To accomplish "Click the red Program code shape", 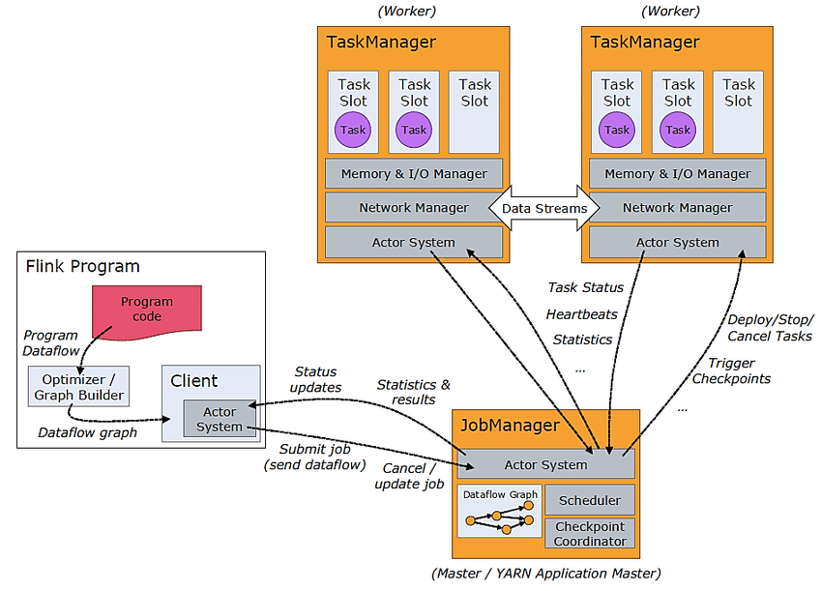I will pyautogui.click(x=146, y=310).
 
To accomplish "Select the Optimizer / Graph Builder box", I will pyautogui.click(x=78, y=386).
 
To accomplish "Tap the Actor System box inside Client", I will pyautogui.click(x=220, y=419).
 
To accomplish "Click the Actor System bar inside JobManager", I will pyautogui.click(x=545, y=464).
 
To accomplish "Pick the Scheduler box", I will pyautogui.click(x=590, y=500).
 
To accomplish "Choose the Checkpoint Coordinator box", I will pyautogui.click(x=590, y=534).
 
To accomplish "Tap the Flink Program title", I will pyautogui.click(x=82, y=266).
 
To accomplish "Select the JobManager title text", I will pyautogui.click(x=510, y=425).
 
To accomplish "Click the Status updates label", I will pyautogui.click(x=315, y=379).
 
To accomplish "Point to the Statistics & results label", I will pyautogui.click(x=413, y=392).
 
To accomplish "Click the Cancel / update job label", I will pyautogui.click(x=409, y=476).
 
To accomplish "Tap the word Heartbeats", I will pyautogui.click(x=581, y=314).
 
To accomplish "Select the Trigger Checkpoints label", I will pyautogui.click(x=732, y=369).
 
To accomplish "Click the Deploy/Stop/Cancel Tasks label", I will pyautogui.click(x=771, y=327).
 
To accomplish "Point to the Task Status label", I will pyautogui.click(x=585, y=287).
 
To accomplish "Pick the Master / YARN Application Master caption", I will pyautogui.click(x=546, y=573).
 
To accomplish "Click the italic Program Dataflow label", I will pyautogui.click(x=51, y=343).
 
